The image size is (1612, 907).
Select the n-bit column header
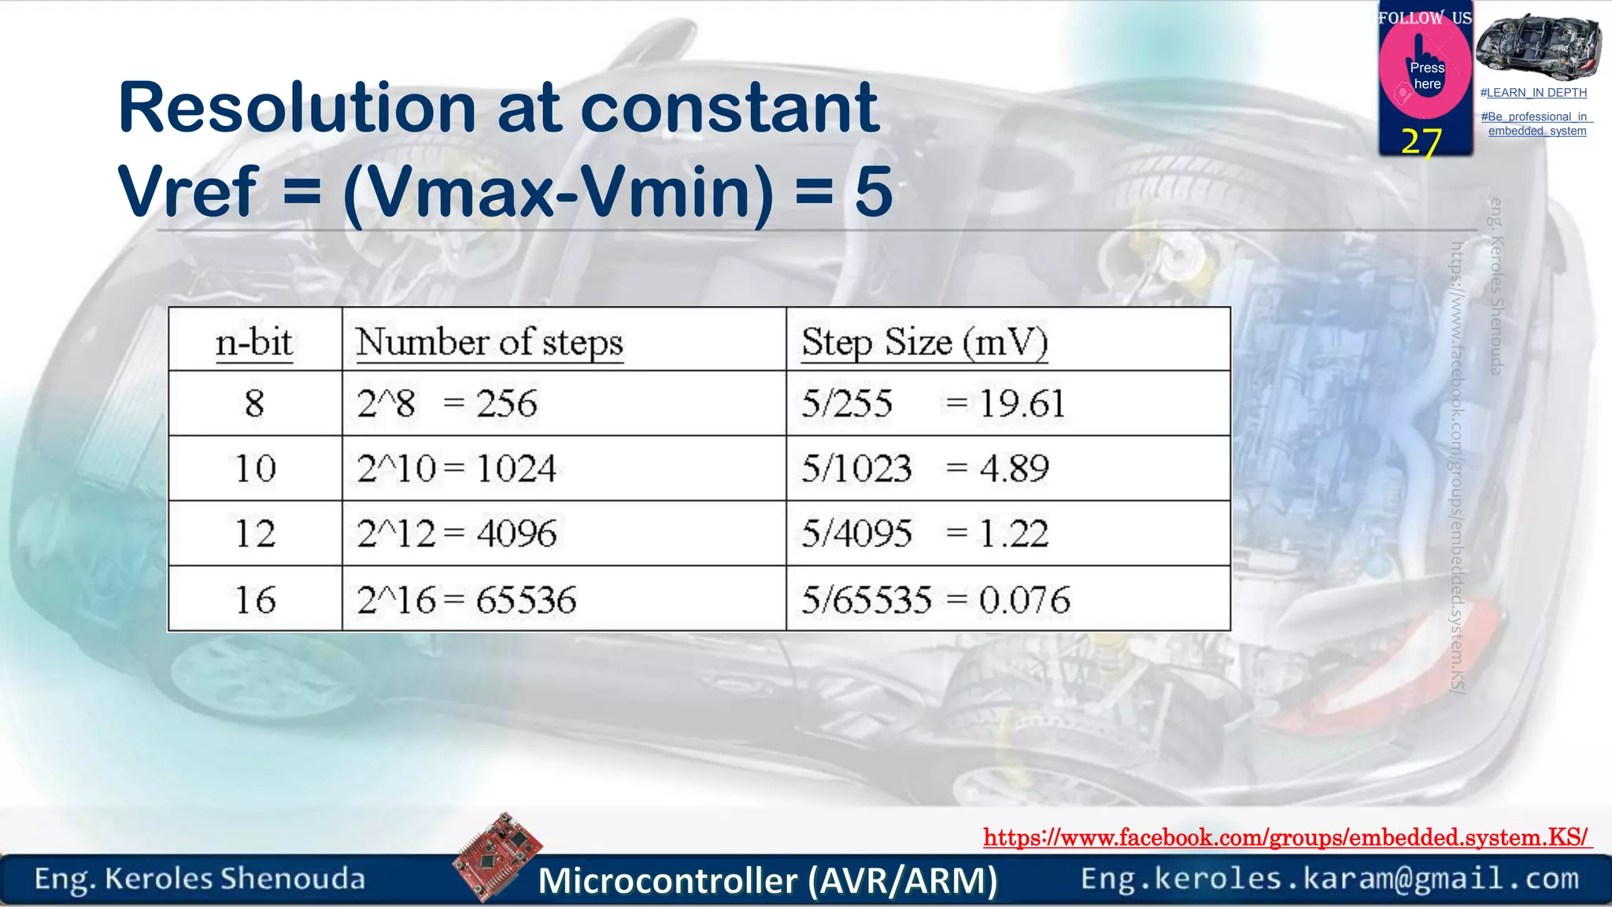[x=253, y=342]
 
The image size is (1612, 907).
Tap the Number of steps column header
[x=489, y=342]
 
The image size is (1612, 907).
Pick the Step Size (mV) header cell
[x=924, y=342]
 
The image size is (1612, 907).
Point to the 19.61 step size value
[x=1022, y=404]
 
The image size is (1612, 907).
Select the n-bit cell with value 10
[x=255, y=469]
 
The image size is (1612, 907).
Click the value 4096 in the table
[x=516, y=534]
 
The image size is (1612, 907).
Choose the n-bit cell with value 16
[x=255, y=600]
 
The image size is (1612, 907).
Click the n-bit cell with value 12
[x=255, y=534]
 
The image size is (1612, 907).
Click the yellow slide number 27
[x=1421, y=142]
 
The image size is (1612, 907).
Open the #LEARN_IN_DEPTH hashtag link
[x=1533, y=93]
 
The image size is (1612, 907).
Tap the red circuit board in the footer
[x=498, y=856]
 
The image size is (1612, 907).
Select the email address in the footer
[x=1329, y=879]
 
